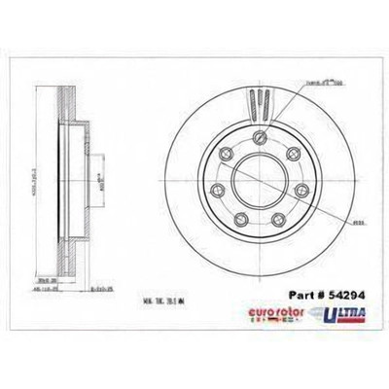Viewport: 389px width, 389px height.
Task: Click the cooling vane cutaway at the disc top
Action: (x=257, y=103)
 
